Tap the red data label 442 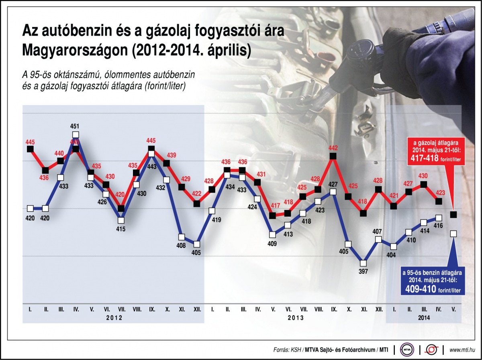(333, 148)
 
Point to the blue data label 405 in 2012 (196, 253)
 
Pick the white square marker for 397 (363, 263)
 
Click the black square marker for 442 (333, 156)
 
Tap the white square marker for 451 (76, 135)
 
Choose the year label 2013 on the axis (295, 317)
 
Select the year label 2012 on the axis (114, 317)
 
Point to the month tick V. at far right (453, 309)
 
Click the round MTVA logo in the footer (406, 350)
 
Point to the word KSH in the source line (297, 350)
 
